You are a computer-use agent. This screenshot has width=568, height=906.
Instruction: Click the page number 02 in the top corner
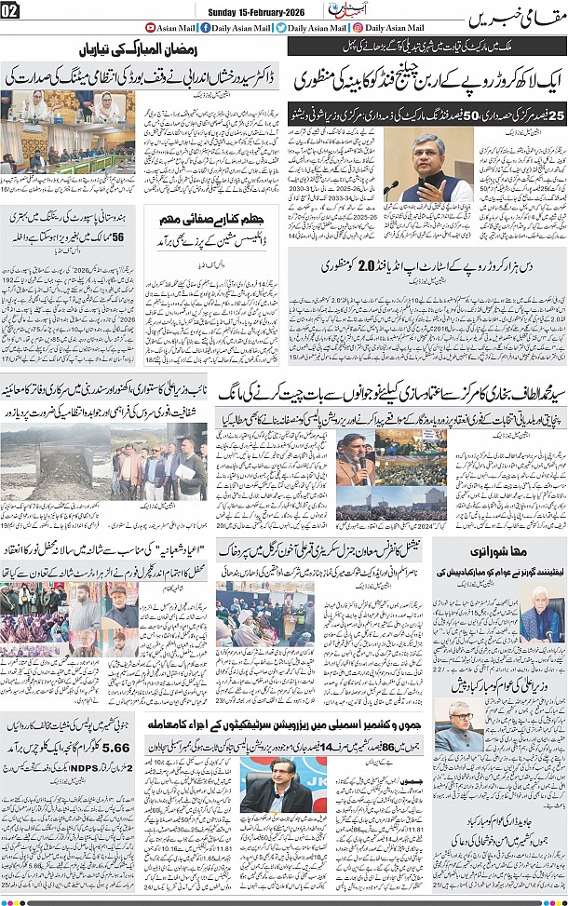[11, 10]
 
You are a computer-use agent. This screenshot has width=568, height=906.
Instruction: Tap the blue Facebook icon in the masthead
[205, 28]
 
